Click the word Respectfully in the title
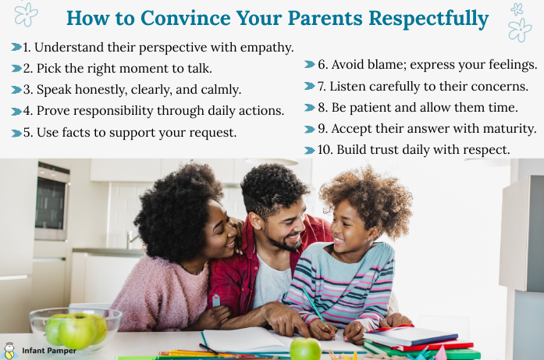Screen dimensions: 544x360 pyautogui.click(x=428, y=19)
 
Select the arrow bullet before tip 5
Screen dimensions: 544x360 pyautogui.click(x=16, y=133)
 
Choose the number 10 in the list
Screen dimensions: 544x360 pyautogui.click(x=325, y=150)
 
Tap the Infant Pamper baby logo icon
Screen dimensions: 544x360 pyautogui.click(x=9, y=351)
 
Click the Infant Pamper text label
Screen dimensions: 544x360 pyautogui.click(x=49, y=351)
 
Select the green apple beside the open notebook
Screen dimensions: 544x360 pyautogui.click(x=305, y=348)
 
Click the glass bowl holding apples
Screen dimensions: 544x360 pyautogui.click(x=76, y=330)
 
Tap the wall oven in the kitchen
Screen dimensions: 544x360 pyautogui.click(x=52, y=201)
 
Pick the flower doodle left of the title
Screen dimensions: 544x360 pyautogui.click(x=26, y=14)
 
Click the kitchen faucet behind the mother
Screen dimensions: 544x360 pyautogui.click(x=133, y=241)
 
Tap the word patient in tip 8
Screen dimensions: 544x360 pyautogui.click(x=371, y=108)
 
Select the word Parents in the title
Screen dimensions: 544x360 pyautogui.click(x=325, y=18)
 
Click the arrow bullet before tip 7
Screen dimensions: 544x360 pyautogui.click(x=310, y=86)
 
